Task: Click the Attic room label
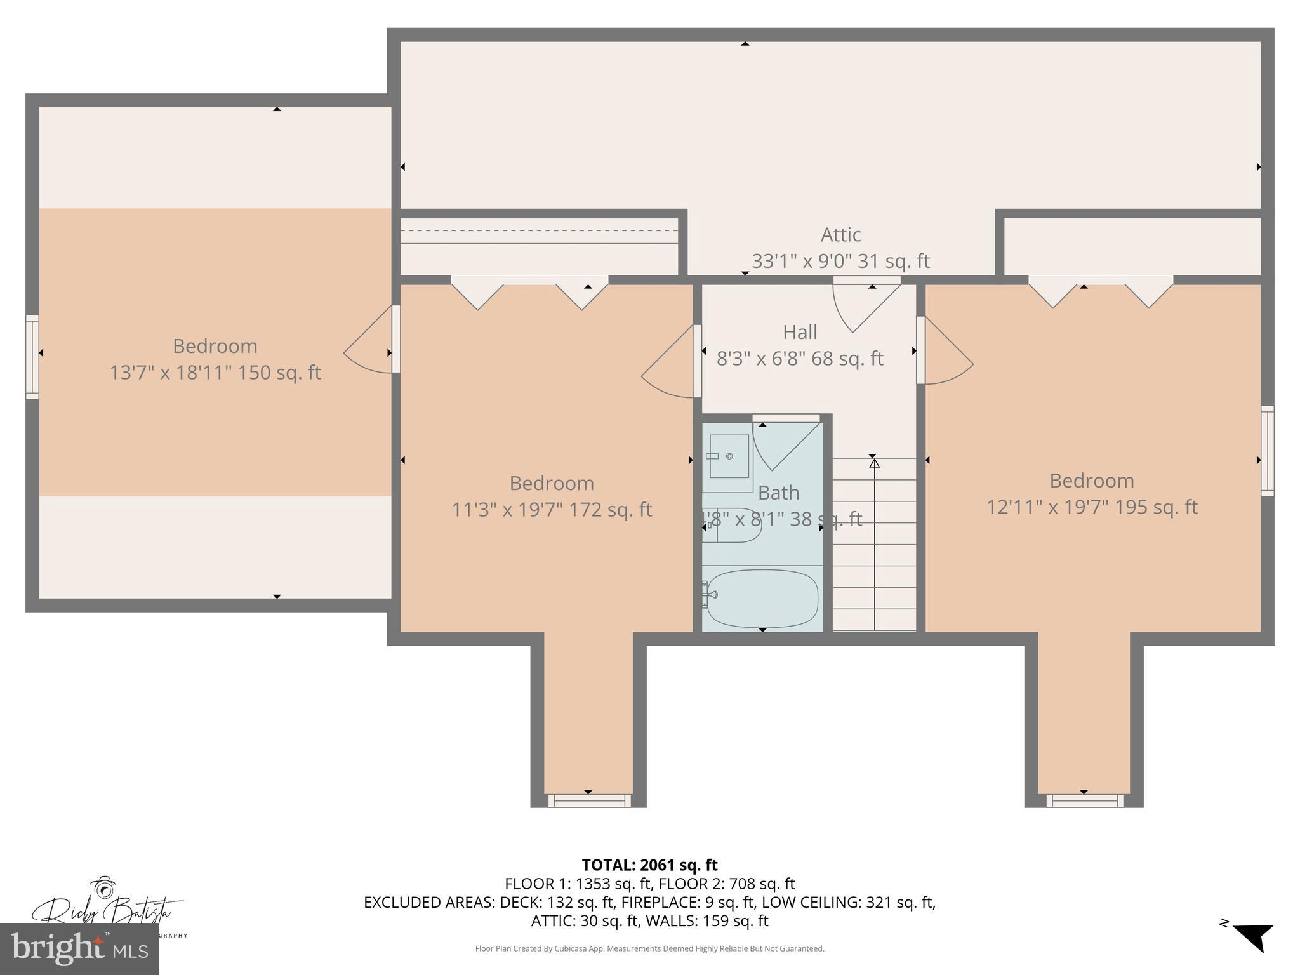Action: coord(840,235)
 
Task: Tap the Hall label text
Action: coord(800,332)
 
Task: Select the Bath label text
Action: coord(778,493)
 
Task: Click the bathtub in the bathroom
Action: coord(762,599)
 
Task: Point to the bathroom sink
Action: coord(729,456)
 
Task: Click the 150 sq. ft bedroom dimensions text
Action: coord(215,372)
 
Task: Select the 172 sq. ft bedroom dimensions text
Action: coord(552,510)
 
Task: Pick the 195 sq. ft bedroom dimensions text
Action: coord(1091,507)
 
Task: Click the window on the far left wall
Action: coord(32,357)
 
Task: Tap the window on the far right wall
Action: coord(1267,451)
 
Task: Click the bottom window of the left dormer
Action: coord(589,800)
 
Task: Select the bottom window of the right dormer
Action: coord(1084,800)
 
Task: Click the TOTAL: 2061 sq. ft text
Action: coord(649,865)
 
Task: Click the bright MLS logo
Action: coord(79,949)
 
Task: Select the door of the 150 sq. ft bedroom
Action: coord(371,343)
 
